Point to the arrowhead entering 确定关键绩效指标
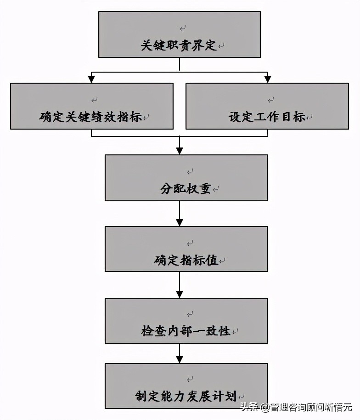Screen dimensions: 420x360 (x=92, y=79)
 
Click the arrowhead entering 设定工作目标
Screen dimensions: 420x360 (x=267, y=79)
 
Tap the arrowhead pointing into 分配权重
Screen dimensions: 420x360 (x=180, y=151)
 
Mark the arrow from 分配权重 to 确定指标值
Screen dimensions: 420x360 (x=180, y=214)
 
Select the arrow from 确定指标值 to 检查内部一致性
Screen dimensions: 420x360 (x=180, y=285)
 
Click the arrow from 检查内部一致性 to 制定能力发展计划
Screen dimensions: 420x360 (x=180, y=354)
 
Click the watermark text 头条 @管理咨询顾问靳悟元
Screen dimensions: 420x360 (x=296, y=407)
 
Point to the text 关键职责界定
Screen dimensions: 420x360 (x=179, y=45)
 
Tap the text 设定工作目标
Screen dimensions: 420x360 (x=267, y=117)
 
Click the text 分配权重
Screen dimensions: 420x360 (x=186, y=189)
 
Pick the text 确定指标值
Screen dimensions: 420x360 (x=186, y=261)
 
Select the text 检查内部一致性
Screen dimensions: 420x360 (x=186, y=331)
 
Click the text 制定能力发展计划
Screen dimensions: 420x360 (x=186, y=396)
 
